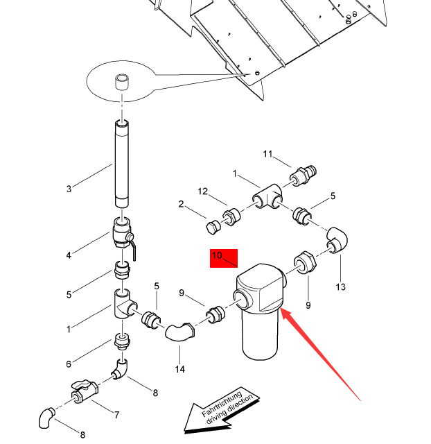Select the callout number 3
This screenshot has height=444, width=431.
click(x=69, y=189)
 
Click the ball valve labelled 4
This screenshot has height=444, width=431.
click(x=122, y=233)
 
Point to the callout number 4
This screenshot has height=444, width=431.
click(x=69, y=255)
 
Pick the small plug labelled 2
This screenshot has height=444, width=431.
click(x=213, y=227)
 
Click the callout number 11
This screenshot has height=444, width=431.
click(x=269, y=153)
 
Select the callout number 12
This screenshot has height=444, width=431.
click(x=202, y=191)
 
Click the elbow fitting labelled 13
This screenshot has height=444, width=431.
click(x=340, y=241)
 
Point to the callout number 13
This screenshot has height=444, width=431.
click(x=340, y=287)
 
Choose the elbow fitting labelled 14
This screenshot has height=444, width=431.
click(x=181, y=330)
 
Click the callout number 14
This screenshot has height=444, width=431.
click(x=180, y=368)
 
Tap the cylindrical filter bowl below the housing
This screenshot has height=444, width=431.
click(x=260, y=336)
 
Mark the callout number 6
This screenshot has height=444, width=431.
click(x=69, y=364)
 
